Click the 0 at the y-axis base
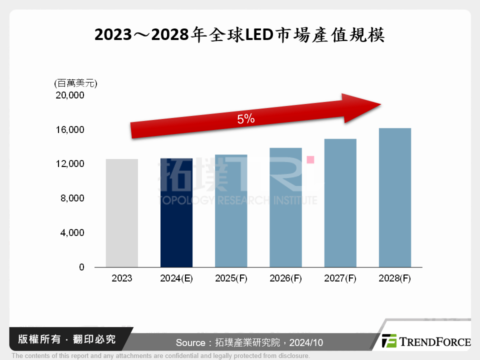click(x=81, y=267)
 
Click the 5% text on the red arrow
click(x=246, y=119)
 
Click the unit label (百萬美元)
click(x=75, y=83)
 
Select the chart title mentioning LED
click(x=239, y=35)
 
